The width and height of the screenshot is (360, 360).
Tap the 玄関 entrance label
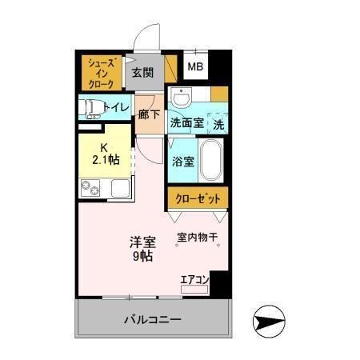[x=143, y=73]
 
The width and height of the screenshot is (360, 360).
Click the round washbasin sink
[x=182, y=99]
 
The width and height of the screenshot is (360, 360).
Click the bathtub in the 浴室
[x=211, y=159]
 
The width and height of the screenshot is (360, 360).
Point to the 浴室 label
[x=182, y=161]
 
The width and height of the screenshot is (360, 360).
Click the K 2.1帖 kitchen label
[x=105, y=153]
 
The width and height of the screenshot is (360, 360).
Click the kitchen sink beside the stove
[x=119, y=190]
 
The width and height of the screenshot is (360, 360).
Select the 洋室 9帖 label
[x=142, y=249]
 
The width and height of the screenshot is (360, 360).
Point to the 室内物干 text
[x=197, y=237]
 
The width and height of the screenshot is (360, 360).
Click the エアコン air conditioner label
[x=194, y=279]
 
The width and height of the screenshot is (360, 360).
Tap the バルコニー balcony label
[x=152, y=320]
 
